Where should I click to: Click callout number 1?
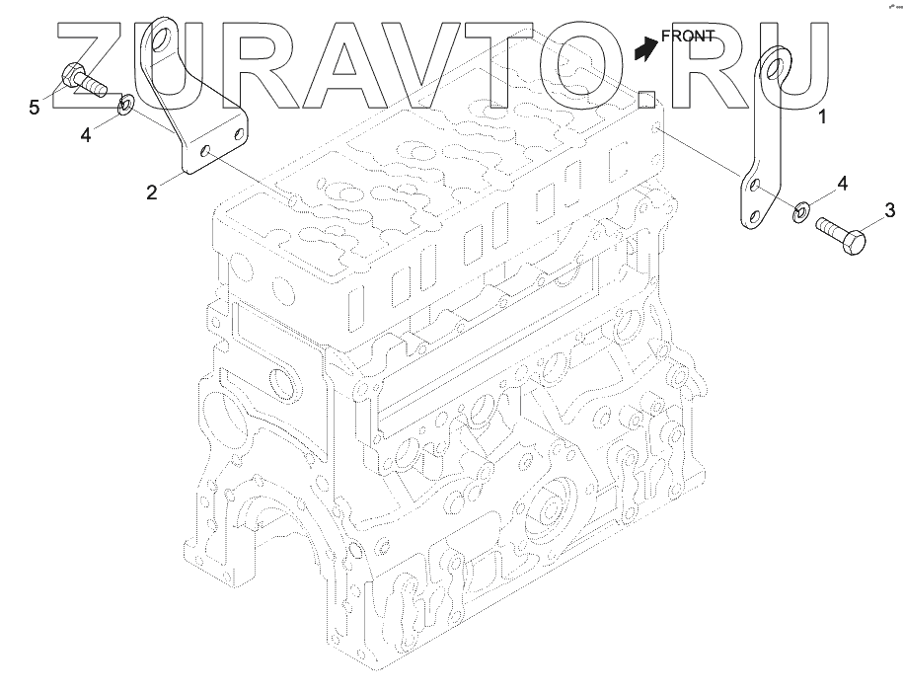822,116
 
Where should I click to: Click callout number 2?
151,192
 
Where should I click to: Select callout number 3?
890,211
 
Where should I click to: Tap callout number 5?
35,108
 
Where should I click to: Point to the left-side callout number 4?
85,135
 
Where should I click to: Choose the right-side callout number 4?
842,185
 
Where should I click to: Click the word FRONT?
688,37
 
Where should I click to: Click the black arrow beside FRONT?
645,48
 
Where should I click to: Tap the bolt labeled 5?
83,81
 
